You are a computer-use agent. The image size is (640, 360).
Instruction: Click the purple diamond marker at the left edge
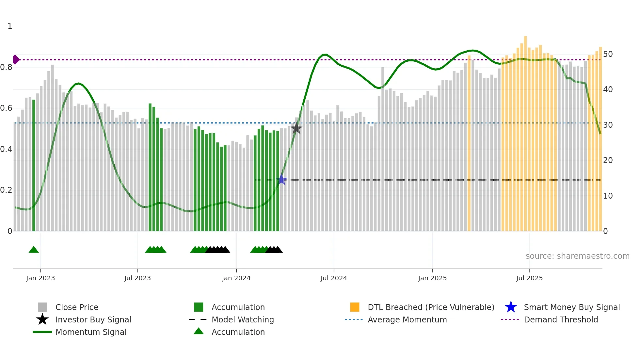(16, 59)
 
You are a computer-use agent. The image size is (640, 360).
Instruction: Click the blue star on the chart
(281, 180)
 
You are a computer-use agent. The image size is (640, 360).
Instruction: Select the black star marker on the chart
(296, 128)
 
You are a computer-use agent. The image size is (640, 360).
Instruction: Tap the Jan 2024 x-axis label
(236, 278)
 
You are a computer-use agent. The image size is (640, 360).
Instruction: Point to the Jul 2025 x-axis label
(529, 278)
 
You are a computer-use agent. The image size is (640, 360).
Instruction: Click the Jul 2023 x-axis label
(137, 278)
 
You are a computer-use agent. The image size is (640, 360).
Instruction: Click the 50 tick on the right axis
(608, 54)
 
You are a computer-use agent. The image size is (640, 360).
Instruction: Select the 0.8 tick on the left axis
(6, 67)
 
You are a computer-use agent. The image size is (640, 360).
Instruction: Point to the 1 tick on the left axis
(10, 26)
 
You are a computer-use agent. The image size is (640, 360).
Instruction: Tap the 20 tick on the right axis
(608, 160)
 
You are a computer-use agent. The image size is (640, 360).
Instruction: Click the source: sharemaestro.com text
(577, 256)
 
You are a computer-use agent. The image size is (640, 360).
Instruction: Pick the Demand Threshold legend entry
(561, 319)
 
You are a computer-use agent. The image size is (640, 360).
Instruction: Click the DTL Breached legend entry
(431, 307)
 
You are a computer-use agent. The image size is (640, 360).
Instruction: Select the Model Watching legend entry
(242, 319)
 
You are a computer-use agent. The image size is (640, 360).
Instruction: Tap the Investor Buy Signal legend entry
(93, 319)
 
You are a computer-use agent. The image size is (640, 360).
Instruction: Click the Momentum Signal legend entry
(91, 332)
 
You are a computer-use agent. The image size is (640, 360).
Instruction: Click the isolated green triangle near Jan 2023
(34, 250)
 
